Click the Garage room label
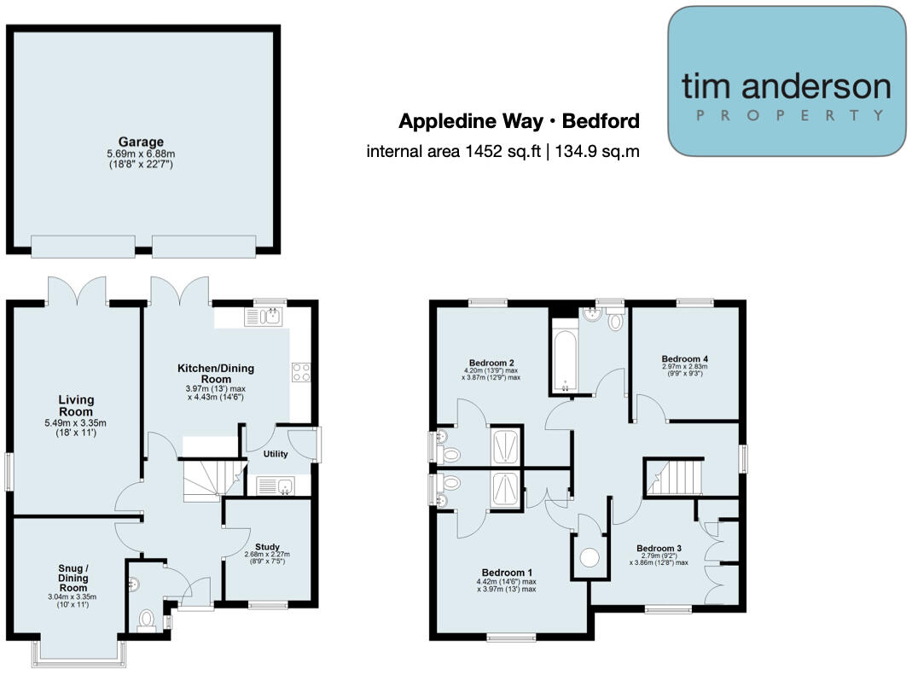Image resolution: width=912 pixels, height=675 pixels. pyautogui.click(x=141, y=143)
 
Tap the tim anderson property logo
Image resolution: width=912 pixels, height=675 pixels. pyautogui.click(x=786, y=82)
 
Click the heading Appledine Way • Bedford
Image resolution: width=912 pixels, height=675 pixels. pyautogui.click(x=519, y=121)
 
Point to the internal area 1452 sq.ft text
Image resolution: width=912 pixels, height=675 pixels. pyautogui.click(x=502, y=151)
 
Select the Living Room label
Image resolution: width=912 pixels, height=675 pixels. pyautogui.click(x=76, y=406)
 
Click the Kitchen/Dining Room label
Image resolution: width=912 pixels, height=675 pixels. pyautogui.click(x=215, y=374)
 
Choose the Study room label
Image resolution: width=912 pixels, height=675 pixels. pyautogui.click(x=267, y=548)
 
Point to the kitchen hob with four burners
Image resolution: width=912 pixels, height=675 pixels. pyautogui.click(x=301, y=372)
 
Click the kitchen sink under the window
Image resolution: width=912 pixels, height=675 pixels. pyautogui.click(x=263, y=317)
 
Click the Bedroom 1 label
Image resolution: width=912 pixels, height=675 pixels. pyautogui.click(x=507, y=572)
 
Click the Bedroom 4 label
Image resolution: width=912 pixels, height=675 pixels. pyautogui.click(x=684, y=358)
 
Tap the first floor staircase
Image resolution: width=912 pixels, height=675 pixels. pyautogui.click(x=675, y=477)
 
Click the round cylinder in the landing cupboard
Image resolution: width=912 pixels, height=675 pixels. pyautogui.click(x=590, y=557)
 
